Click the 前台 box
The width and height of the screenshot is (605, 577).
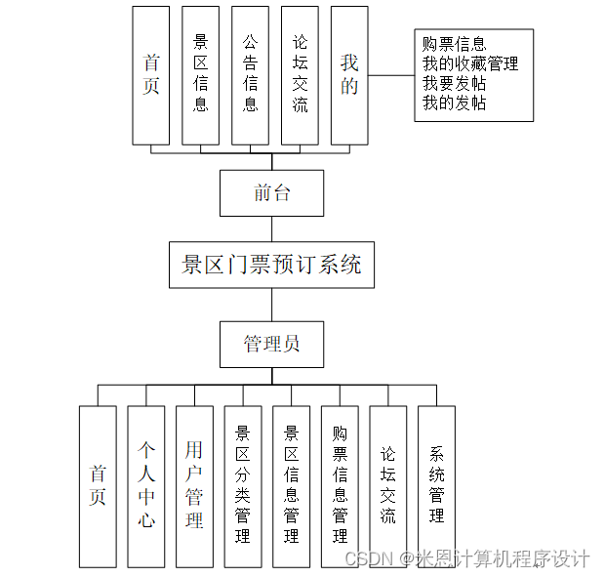(271, 192)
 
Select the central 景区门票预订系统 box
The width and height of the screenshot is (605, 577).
(271, 264)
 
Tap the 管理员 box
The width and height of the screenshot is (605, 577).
(271, 344)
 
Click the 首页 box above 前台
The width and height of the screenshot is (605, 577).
(150, 75)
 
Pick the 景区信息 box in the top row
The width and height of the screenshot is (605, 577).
(201, 75)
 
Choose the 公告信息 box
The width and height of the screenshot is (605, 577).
(251, 75)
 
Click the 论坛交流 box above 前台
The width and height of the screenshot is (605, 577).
(301, 75)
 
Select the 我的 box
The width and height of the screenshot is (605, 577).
(349, 75)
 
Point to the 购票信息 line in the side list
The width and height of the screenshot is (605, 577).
(454, 44)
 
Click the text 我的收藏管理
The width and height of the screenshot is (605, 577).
(469, 63)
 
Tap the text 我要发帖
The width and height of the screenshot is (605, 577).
(454, 83)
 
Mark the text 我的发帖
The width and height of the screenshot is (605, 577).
(454, 103)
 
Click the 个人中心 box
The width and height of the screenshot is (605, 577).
(146, 486)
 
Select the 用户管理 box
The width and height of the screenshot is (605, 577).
(194, 486)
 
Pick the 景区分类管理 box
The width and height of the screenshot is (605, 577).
(243, 486)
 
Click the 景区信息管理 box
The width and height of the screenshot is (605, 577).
(291, 486)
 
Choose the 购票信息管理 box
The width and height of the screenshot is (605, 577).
(340, 486)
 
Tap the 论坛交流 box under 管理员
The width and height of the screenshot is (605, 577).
(388, 486)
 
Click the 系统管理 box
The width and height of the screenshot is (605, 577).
(436, 486)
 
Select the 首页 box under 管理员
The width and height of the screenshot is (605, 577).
(98, 486)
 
